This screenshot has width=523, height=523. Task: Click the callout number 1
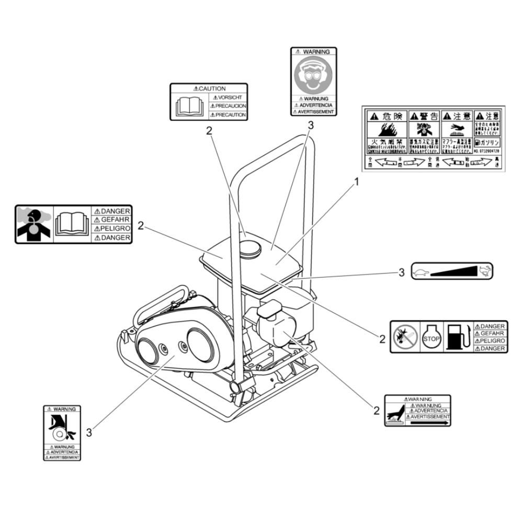pos(357,182)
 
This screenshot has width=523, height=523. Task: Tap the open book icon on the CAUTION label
pos(189,106)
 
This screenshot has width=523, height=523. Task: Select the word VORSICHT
pos(230,97)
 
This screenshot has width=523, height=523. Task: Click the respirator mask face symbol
pos(313,75)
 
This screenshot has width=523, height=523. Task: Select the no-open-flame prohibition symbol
pos(406,337)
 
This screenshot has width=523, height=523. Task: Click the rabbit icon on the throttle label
pos(484,270)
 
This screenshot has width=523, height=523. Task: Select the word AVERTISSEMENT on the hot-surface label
pos(429,417)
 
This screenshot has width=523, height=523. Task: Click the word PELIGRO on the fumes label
pos(112,229)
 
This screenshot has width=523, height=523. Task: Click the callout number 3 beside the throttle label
pos(402,272)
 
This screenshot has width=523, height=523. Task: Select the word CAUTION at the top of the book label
pos(209,88)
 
